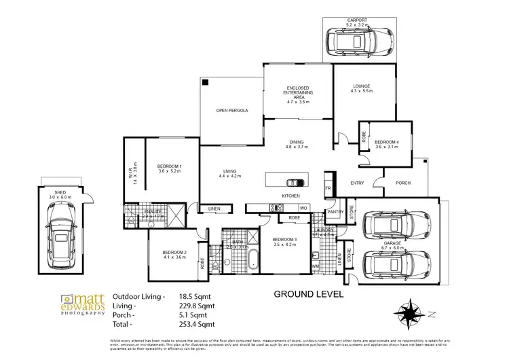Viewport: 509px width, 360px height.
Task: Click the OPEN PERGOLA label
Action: coord(231,111)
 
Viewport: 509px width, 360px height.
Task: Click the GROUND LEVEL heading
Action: coord(309,295)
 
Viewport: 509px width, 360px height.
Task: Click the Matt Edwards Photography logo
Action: coord(81,305)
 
